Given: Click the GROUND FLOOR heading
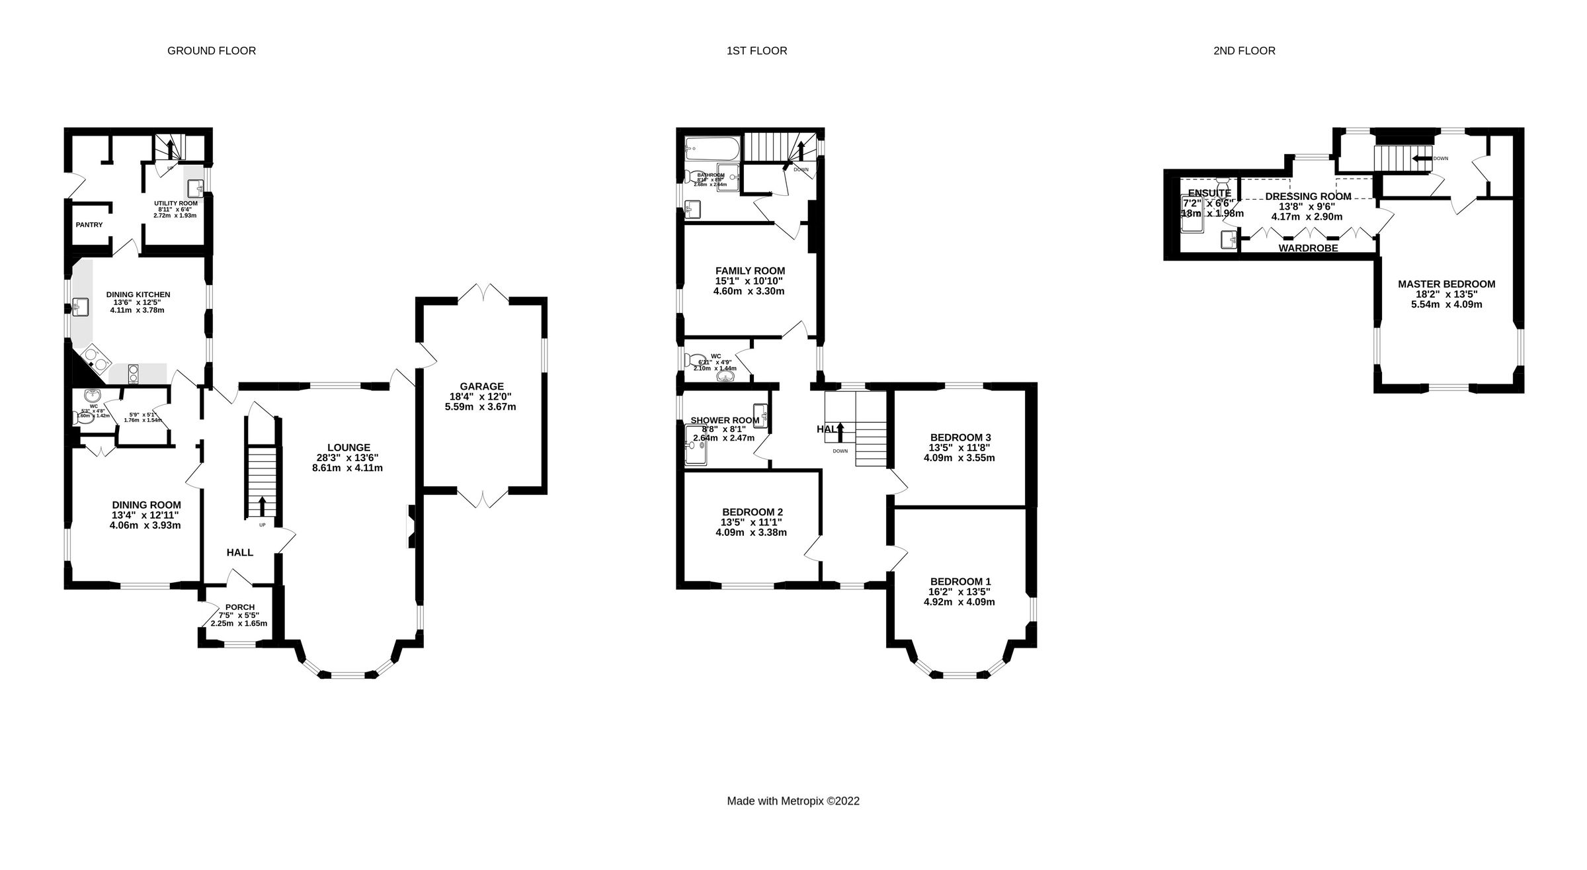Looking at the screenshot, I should [x=211, y=51].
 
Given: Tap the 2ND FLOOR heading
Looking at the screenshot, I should [x=1244, y=51].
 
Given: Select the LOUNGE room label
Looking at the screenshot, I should [x=348, y=447].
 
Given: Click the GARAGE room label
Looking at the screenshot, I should [x=481, y=386].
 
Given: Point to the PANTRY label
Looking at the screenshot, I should [x=89, y=225].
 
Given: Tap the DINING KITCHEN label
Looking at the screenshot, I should [x=138, y=294].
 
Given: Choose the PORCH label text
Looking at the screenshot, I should [x=239, y=607].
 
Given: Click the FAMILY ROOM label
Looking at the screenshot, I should [x=750, y=271].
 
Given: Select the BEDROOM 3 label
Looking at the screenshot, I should [x=960, y=437].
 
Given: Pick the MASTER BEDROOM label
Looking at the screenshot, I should [x=1446, y=284].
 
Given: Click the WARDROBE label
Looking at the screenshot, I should [x=1308, y=248].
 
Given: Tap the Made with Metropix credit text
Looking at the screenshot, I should [x=793, y=801].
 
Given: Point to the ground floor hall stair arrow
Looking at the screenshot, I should [x=262, y=507].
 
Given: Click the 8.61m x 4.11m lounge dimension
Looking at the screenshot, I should [x=347, y=468].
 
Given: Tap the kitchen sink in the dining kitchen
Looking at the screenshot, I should [x=81, y=306].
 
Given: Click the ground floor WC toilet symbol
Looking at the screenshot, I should [x=77, y=417].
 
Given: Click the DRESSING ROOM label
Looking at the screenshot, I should [x=1307, y=196].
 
